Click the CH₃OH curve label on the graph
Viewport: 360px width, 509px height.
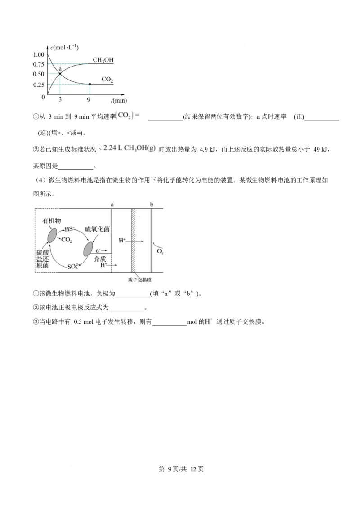(x=103, y=60)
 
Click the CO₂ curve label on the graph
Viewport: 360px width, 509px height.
(x=107, y=80)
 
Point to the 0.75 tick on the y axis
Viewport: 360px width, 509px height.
(x=39, y=64)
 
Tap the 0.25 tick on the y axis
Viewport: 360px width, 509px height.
(x=39, y=85)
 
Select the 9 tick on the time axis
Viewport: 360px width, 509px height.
(x=88, y=100)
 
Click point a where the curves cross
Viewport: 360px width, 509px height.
(x=60, y=74)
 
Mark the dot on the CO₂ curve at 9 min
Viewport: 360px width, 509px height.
(x=90, y=84)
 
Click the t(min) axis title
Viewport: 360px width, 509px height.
(x=119, y=100)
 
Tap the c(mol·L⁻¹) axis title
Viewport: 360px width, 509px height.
(x=64, y=48)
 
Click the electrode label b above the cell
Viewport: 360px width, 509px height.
(x=152, y=205)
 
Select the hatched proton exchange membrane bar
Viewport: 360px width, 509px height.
(x=133, y=241)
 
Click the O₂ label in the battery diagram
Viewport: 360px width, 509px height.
(x=160, y=252)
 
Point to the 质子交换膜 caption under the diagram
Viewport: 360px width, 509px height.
(x=139, y=280)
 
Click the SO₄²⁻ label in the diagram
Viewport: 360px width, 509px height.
(x=73, y=267)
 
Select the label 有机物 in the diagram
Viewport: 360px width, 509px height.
(x=52, y=221)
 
